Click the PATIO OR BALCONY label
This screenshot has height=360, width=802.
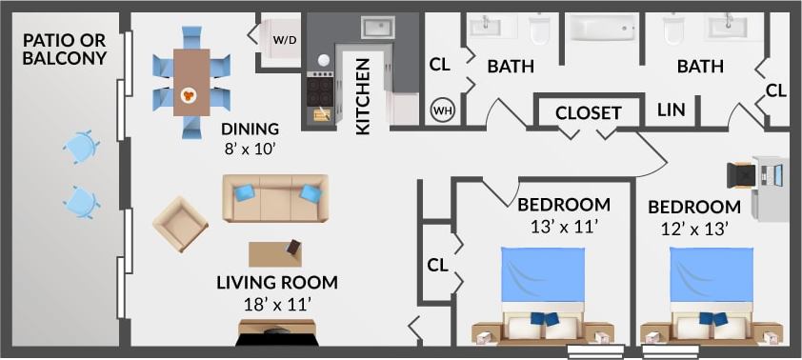[65, 49]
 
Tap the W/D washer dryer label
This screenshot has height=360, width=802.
[284, 41]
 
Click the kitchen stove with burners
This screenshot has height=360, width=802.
[320, 90]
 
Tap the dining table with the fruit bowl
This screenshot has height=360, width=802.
[190, 81]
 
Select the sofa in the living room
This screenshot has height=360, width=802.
[275, 198]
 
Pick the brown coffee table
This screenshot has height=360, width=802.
[277, 253]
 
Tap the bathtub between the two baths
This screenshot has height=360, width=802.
[607, 28]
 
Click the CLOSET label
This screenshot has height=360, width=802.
[588, 112]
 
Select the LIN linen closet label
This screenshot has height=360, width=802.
[672, 110]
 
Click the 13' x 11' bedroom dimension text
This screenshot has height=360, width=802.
[563, 227]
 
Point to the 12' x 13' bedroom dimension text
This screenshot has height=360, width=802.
[694, 229]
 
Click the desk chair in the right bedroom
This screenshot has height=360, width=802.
[741, 176]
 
